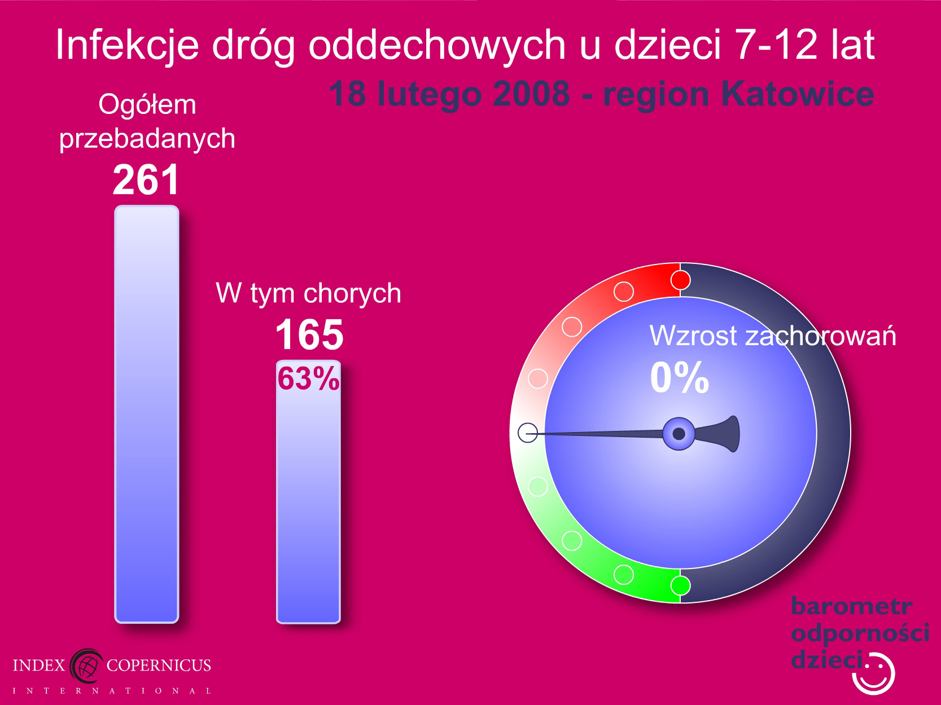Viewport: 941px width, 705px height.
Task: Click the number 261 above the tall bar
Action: [146, 179]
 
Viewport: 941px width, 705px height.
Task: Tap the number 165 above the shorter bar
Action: [309, 334]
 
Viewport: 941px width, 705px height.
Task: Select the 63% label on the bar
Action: [308, 378]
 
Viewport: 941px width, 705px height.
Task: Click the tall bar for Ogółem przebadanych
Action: [147, 414]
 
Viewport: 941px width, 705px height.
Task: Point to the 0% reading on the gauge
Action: [679, 377]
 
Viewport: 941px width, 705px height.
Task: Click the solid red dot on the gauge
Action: [680, 280]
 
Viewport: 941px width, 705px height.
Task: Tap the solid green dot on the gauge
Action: [680, 585]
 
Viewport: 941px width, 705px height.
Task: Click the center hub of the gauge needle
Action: [679, 434]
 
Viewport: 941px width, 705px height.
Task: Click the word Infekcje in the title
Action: [128, 45]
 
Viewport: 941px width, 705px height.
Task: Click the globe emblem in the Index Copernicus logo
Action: [86, 666]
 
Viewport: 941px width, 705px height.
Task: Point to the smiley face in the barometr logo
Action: [874, 674]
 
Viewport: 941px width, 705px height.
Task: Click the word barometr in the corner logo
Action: [852, 606]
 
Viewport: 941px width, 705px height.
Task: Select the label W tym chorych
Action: [308, 294]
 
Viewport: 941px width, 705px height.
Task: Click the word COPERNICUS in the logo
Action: [159, 665]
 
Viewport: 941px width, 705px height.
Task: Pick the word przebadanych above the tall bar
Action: [147, 139]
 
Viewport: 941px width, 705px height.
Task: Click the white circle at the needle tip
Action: [528, 433]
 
